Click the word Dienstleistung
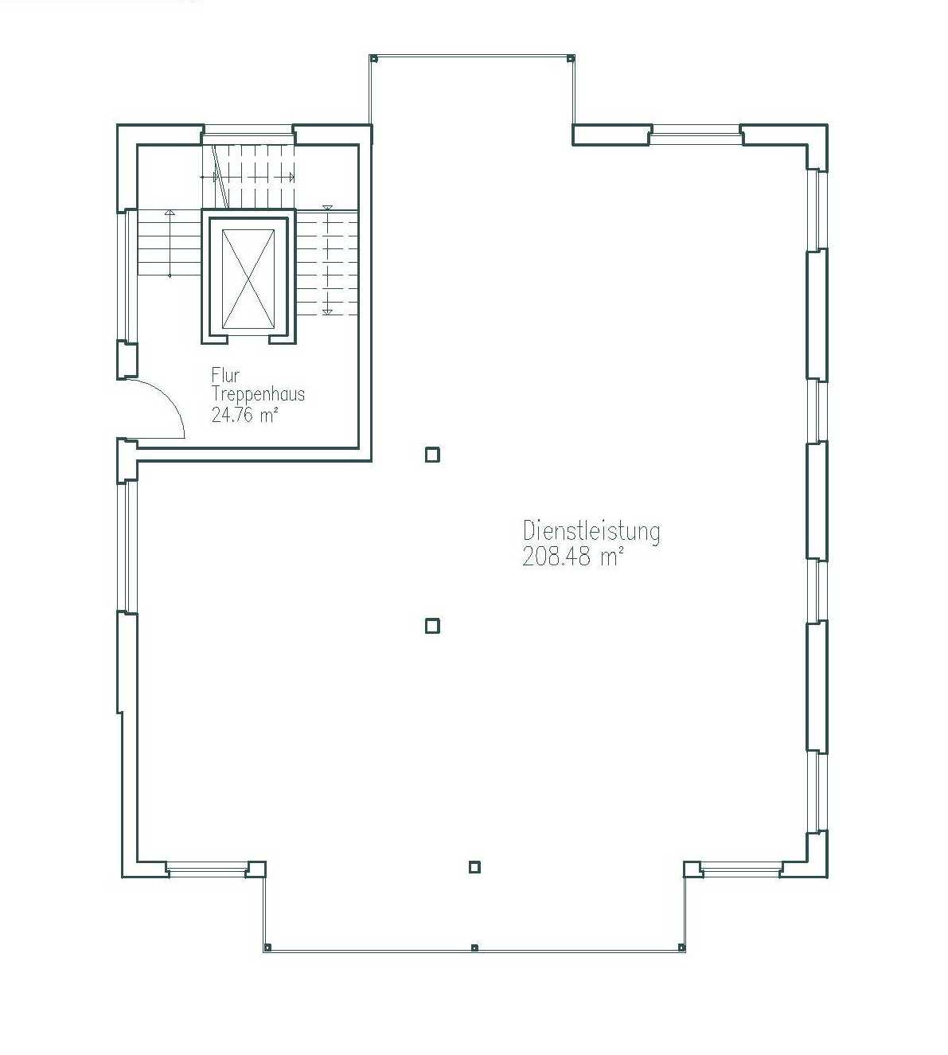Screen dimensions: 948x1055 tap(591, 532)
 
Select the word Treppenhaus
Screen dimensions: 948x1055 tap(258, 395)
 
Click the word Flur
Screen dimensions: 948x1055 tap(225, 375)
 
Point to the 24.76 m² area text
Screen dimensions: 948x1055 tap(244, 415)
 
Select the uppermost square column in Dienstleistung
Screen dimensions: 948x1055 tap(432, 455)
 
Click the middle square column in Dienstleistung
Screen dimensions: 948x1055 tap(432, 626)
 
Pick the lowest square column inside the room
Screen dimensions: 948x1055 tap(474, 867)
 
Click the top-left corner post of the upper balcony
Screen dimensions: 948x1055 tap(373, 58)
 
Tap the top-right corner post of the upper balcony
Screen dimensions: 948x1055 tap(571, 58)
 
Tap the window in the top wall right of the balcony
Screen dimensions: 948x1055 tap(696, 134)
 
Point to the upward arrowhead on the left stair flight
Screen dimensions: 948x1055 tap(170, 213)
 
